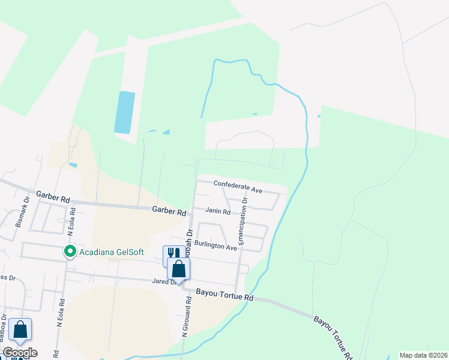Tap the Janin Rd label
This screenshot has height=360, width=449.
218,211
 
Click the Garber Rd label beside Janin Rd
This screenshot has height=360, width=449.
168,211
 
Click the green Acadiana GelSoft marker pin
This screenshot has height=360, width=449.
70,251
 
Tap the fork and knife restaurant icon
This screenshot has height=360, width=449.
173,254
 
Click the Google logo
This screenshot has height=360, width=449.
20,353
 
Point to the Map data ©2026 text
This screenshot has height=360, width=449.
423,355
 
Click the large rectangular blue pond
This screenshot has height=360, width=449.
125,112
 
